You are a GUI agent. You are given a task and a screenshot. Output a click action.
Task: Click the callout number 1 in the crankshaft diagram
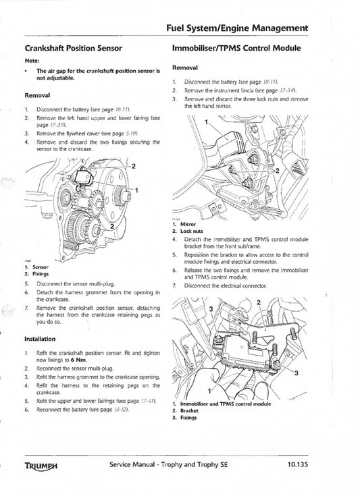coord(138,191)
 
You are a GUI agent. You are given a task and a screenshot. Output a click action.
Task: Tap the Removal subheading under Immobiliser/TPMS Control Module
coord(185,67)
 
